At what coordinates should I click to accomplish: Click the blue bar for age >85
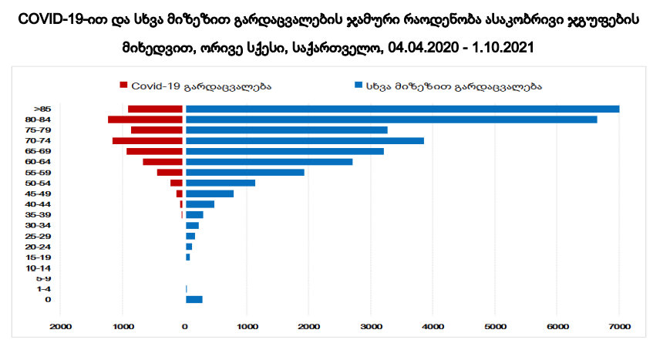pyautogui.click(x=402, y=109)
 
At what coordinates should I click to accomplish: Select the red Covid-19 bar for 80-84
pyautogui.click(x=145, y=119)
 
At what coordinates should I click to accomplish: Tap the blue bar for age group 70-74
pyautogui.click(x=305, y=140)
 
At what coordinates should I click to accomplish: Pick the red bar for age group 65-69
pyautogui.click(x=154, y=151)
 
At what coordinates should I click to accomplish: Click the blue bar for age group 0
pyautogui.click(x=194, y=299)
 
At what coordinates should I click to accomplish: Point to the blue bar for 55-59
pyautogui.click(x=244, y=172)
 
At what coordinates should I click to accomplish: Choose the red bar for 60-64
pyautogui.click(x=163, y=162)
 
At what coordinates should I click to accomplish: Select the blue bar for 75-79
pyautogui.click(x=286, y=130)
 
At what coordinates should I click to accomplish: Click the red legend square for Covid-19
pyautogui.click(x=123, y=86)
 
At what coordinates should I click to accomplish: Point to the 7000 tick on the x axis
pyautogui.click(x=619, y=328)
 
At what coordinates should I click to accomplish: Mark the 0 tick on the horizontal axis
pyautogui.click(x=184, y=328)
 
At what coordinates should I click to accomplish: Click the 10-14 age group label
pyautogui.click(x=39, y=267)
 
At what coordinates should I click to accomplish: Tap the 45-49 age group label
pyautogui.click(x=39, y=193)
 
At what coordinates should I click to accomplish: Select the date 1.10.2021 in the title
pyautogui.click(x=504, y=48)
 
